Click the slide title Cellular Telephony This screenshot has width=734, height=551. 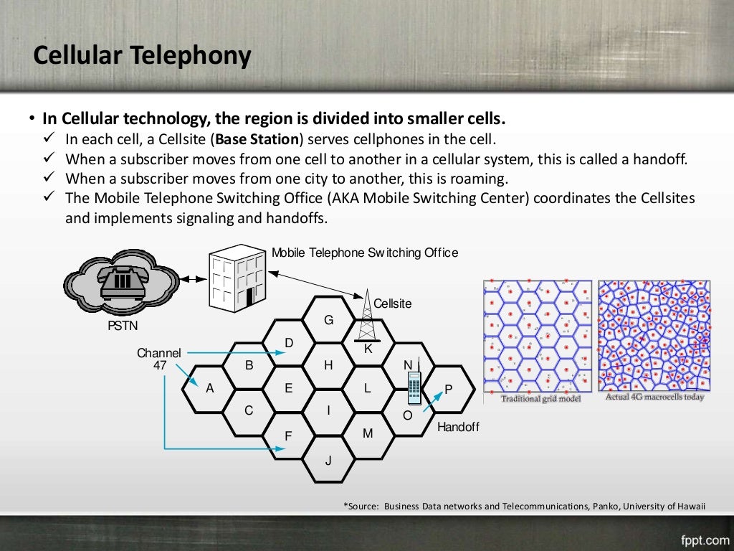pyautogui.click(x=143, y=55)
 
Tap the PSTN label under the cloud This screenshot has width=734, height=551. pyautogui.click(x=123, y=326)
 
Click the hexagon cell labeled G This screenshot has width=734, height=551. pyautogui.click(x=328, y=320)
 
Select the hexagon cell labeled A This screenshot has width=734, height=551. pyautogui.click(x=209, y=388)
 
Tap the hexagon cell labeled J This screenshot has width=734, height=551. pyautogui.click(x=328, y=460)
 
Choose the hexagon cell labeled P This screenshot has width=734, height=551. pyautogui.click(x=449, y=389)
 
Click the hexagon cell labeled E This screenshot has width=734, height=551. pyautogui.click(x=288, y=388)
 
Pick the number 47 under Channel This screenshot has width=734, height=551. pyautogui.click(x=160, y=365)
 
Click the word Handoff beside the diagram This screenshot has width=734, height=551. pyautogui.click(x=458, y=427)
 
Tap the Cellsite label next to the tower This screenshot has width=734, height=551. pyautogui.click(x=393, y=303)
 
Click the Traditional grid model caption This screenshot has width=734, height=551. pyautogui.click(x=540, y=399)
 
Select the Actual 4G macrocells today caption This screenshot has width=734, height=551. pyautogui.click(x=654, y=397)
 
